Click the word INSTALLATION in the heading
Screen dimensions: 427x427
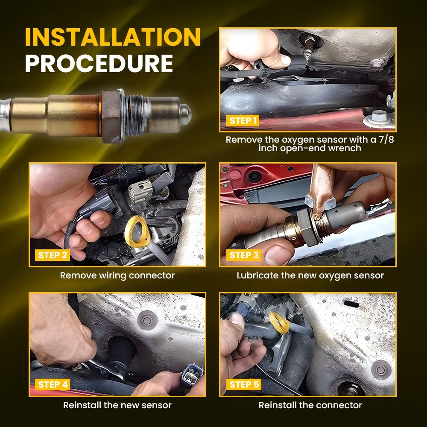(113, 37)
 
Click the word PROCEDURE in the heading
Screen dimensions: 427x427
(99, 64)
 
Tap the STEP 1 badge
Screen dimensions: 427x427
(243, 121)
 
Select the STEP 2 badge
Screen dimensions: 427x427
(52, 255)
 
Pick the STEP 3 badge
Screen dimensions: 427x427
(244, 255)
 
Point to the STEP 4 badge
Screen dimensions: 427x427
(53, 385)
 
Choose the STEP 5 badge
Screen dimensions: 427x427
(244, 385)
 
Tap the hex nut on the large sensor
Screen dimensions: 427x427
(111, 116)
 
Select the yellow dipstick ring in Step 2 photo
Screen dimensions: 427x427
(137, 231)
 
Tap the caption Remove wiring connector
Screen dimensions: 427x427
(117, 275)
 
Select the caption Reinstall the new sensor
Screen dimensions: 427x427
(117, 405)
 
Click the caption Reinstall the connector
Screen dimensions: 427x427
(310, 405)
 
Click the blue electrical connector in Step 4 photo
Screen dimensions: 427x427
(192, 376)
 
